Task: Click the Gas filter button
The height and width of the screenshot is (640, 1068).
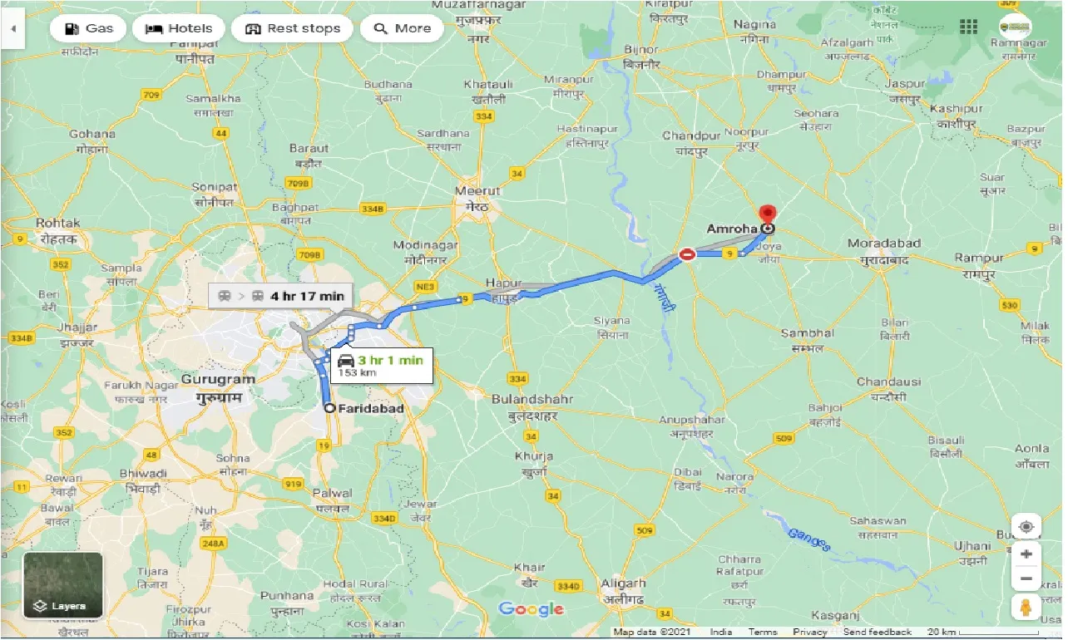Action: [87, 28]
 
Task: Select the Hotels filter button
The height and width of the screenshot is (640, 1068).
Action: [178, 28]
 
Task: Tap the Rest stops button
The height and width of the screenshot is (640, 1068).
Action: [292, 28]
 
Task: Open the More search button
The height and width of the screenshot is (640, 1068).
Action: [403, 28]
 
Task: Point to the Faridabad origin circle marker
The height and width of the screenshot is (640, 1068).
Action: [330, 408]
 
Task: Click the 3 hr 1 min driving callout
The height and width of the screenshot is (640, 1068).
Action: [382, 365]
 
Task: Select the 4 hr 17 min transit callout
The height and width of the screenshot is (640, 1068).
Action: [282, 296]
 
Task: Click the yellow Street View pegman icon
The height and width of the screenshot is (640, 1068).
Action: [1026, 608]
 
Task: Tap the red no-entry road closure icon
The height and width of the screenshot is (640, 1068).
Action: [687, 254]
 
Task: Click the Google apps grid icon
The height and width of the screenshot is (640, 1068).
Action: [968, 27]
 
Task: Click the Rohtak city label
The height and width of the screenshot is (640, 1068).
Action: [58, 223]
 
